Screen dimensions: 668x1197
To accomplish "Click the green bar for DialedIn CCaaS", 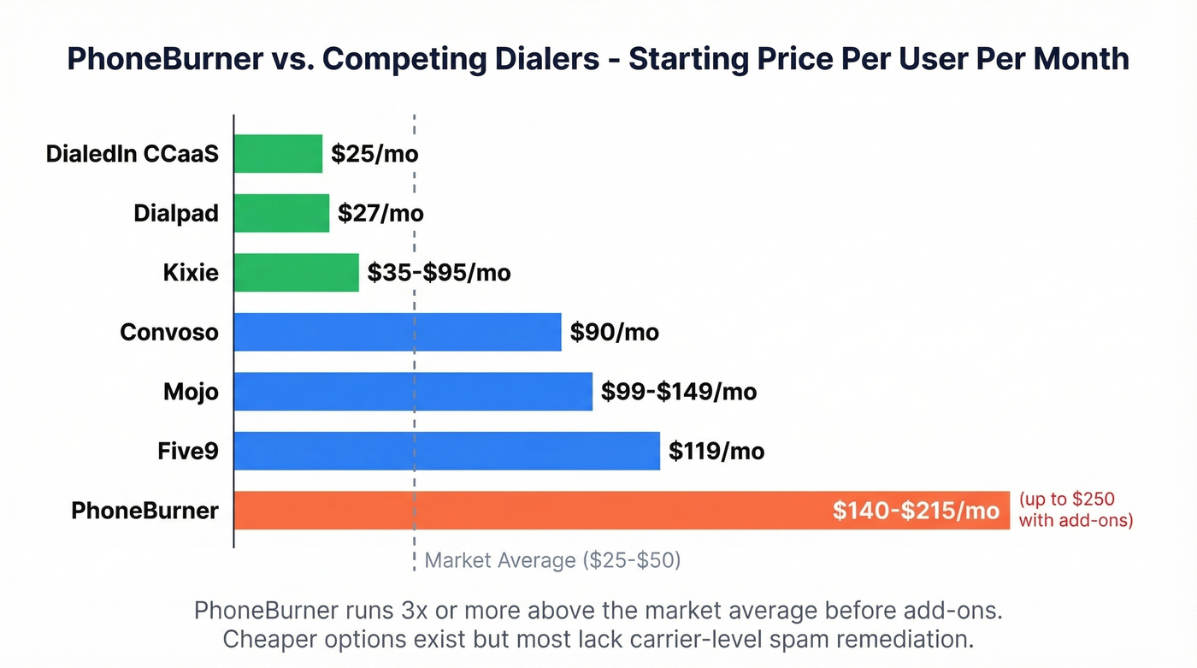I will click(x=278, y=154).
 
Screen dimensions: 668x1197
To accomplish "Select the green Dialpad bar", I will click(x=281, y=213).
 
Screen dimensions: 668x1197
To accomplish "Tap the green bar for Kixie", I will click(x=296, y=273).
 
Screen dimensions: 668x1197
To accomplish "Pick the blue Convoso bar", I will click(x=397, y=332).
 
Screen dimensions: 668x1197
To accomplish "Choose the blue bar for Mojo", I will click(x=412, y=392).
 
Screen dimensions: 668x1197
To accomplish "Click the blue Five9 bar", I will click(x=446, y=451).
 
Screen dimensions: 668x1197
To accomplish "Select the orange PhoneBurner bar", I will click(x=530, y=511).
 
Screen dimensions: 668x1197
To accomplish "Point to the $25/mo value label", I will click(x=374, y=154).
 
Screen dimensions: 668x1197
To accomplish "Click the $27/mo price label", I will click(x=380, y=213).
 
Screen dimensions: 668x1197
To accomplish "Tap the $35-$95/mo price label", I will click(x=439, y=273).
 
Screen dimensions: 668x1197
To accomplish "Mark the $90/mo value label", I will click(x=615, y=332).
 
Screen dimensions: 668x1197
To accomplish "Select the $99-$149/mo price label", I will click(x=679, y=392).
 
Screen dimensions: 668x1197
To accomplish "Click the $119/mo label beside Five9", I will click(x=716, y=451).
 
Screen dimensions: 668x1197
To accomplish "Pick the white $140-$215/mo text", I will click(x=916, y=511).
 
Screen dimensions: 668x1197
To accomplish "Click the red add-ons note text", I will click(x=1076, y=509).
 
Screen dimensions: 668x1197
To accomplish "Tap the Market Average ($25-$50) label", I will click(x=552, y=560).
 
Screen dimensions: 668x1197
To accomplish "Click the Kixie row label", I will click(x=191, y=273).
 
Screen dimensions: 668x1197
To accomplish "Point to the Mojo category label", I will click(x=191, y=392).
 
